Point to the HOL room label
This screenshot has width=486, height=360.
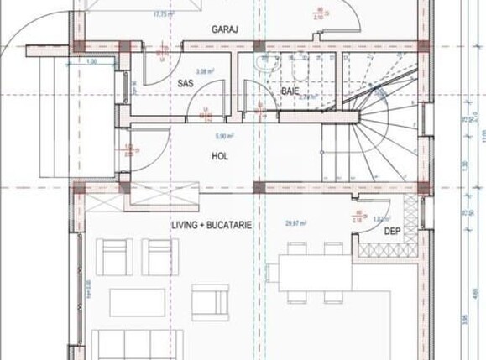pyautogui.click(x=220, y=156)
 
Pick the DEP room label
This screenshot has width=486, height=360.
pyautogui.click(x=392, y=231)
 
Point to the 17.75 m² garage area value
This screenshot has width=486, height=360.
pyautogui.click(x=163, y=14)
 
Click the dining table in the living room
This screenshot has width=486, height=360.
pyautogui.click(x=310, y=273)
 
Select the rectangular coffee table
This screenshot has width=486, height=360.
pyautogui.click(x=137, y=302)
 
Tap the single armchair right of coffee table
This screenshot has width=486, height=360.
pyautogui.click(x=210, y=300)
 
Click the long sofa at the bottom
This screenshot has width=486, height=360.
pyautogui.click(x=137, y=344)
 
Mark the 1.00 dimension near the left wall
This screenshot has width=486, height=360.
pyautogui.click(x=91, y=62)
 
